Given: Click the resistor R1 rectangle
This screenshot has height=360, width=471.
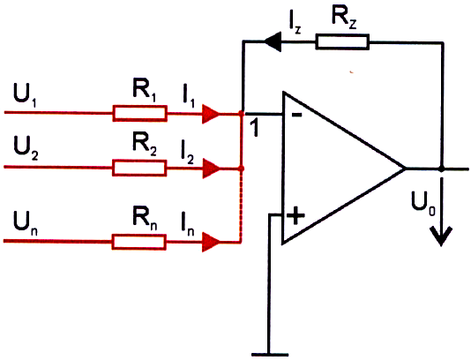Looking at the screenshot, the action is point(140,113).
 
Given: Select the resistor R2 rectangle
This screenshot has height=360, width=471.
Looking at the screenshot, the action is point(139,168).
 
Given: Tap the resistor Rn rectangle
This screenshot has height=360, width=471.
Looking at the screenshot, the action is point(139,242).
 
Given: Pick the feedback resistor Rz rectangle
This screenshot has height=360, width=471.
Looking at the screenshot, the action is point(342,41).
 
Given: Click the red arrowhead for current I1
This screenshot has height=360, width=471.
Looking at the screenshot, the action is point(211,114).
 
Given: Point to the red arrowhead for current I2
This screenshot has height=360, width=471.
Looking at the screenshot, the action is point(211,169).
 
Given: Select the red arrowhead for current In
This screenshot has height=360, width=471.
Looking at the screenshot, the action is point(211,242).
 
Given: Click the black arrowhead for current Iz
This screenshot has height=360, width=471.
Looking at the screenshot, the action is point(273,42).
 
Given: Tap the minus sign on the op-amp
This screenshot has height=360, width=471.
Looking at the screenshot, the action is point(296,115).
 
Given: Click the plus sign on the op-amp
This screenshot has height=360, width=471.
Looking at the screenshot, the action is point(295,215).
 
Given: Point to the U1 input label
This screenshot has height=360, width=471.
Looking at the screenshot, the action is point(25,94).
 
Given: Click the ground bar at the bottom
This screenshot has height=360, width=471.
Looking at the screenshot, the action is point(270,355).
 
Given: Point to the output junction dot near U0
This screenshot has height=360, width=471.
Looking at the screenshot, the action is point(441,169).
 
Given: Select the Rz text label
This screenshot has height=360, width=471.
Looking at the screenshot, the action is point(344,17).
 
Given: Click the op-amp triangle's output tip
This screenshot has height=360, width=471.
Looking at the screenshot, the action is point(406,169).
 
